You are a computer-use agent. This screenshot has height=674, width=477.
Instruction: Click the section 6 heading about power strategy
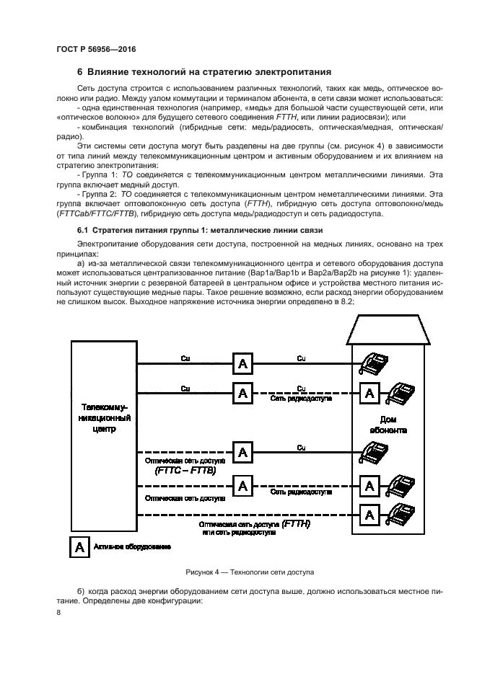click(204, 72)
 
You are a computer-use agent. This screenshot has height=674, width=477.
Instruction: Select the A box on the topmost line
click(242, 363)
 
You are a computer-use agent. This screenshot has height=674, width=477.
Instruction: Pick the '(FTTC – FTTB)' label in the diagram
click(186, 470)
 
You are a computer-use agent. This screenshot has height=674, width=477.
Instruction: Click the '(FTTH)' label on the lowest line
click(296, 523)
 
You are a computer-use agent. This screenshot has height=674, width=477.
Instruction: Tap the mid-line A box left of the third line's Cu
click(242, 452)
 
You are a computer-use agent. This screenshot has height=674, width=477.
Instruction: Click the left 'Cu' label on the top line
click(185, 358)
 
